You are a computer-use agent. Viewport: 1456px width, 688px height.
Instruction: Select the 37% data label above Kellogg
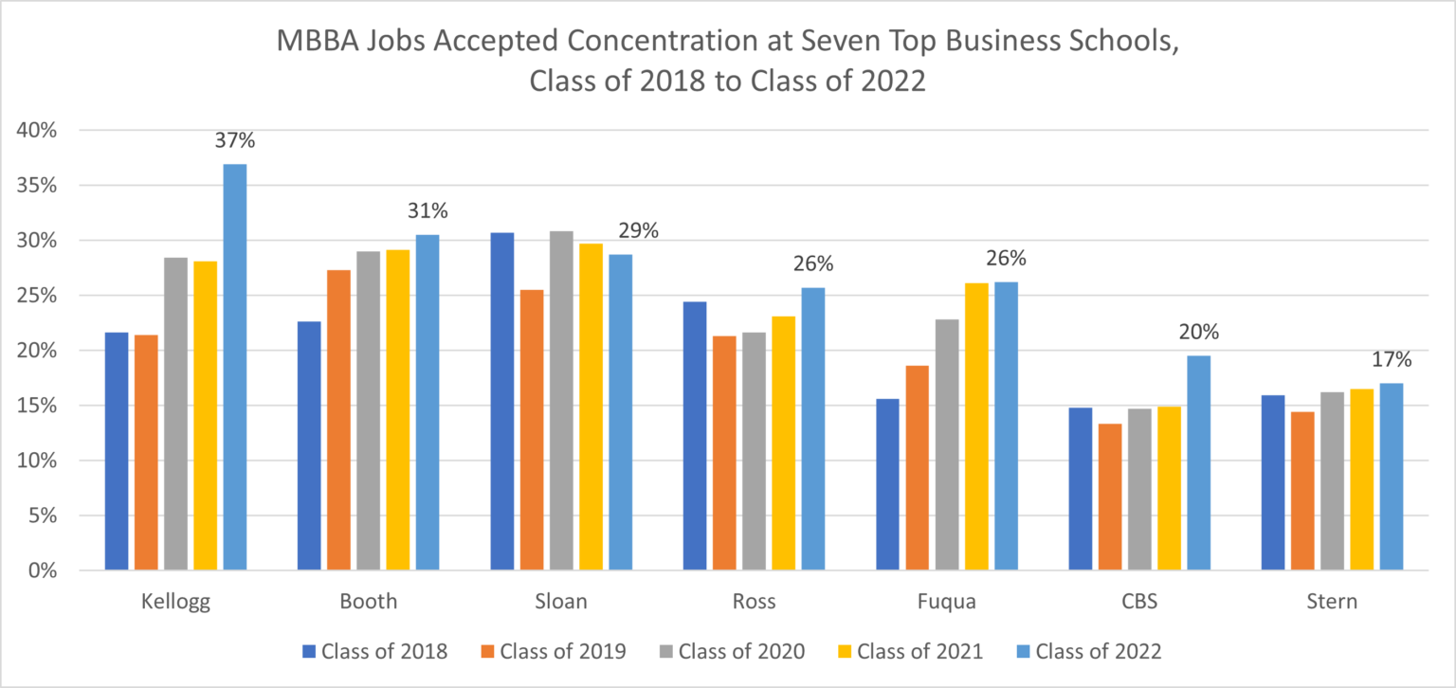tap(236, 141)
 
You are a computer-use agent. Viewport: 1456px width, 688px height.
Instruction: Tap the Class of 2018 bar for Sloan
tap(501, 402)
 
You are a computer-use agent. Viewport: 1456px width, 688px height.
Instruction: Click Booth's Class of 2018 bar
tap(309, 446)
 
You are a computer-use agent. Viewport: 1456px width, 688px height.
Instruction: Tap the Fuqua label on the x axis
tap(946, 602)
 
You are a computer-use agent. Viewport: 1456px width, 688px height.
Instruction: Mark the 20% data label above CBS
tap(1198, 333)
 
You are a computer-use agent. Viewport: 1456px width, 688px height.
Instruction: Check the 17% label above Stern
tap(1391, 360)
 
